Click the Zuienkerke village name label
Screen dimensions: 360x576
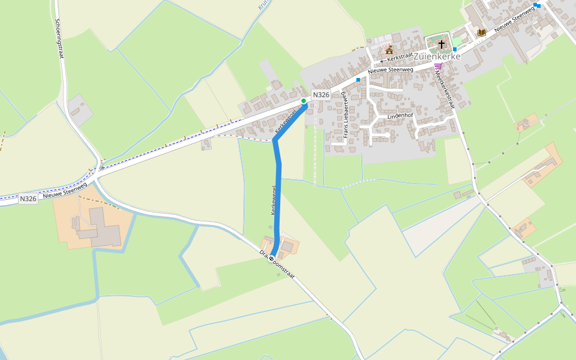437,56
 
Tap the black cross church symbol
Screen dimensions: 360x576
442,44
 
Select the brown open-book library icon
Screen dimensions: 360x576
481,32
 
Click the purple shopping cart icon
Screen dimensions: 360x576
438,65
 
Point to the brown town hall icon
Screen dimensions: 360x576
389,49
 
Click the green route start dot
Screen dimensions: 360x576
304,100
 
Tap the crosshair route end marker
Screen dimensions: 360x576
271,258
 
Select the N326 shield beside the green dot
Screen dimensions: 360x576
321,95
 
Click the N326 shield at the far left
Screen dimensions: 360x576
28,199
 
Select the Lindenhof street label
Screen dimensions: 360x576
401,115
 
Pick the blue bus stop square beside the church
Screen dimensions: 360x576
455,49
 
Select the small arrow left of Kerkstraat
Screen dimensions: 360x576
382,61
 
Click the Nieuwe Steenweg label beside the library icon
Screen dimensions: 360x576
514,20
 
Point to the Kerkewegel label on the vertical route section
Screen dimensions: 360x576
273,200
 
